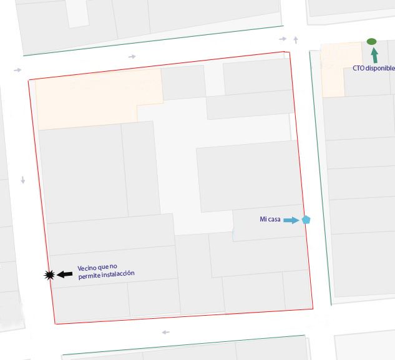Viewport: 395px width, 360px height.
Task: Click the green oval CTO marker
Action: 371,41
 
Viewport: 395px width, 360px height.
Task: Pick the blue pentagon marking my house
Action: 306,220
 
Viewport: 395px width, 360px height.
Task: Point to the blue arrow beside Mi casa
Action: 291,220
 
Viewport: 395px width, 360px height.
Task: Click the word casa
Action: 274,220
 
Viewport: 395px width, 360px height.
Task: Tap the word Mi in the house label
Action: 263,220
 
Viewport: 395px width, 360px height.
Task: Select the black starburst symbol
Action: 49,275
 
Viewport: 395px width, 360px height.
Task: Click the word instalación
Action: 117,275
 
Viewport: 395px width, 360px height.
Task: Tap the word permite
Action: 88,275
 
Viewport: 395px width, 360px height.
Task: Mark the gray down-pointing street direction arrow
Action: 23,180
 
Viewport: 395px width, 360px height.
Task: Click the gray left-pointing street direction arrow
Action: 165,332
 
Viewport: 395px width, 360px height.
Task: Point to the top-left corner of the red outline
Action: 29,80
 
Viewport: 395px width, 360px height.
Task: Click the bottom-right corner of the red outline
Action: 313,308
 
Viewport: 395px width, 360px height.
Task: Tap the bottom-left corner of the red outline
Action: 55,324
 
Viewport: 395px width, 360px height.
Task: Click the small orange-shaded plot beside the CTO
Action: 333,69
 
